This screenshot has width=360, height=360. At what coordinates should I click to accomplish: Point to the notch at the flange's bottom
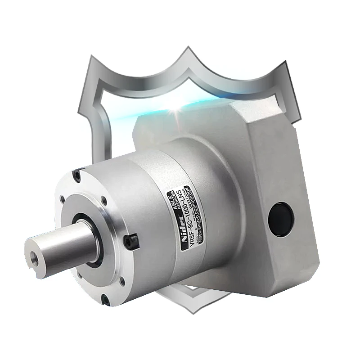(x=104, y=297)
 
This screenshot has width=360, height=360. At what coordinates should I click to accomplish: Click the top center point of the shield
(x=188, y=48)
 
